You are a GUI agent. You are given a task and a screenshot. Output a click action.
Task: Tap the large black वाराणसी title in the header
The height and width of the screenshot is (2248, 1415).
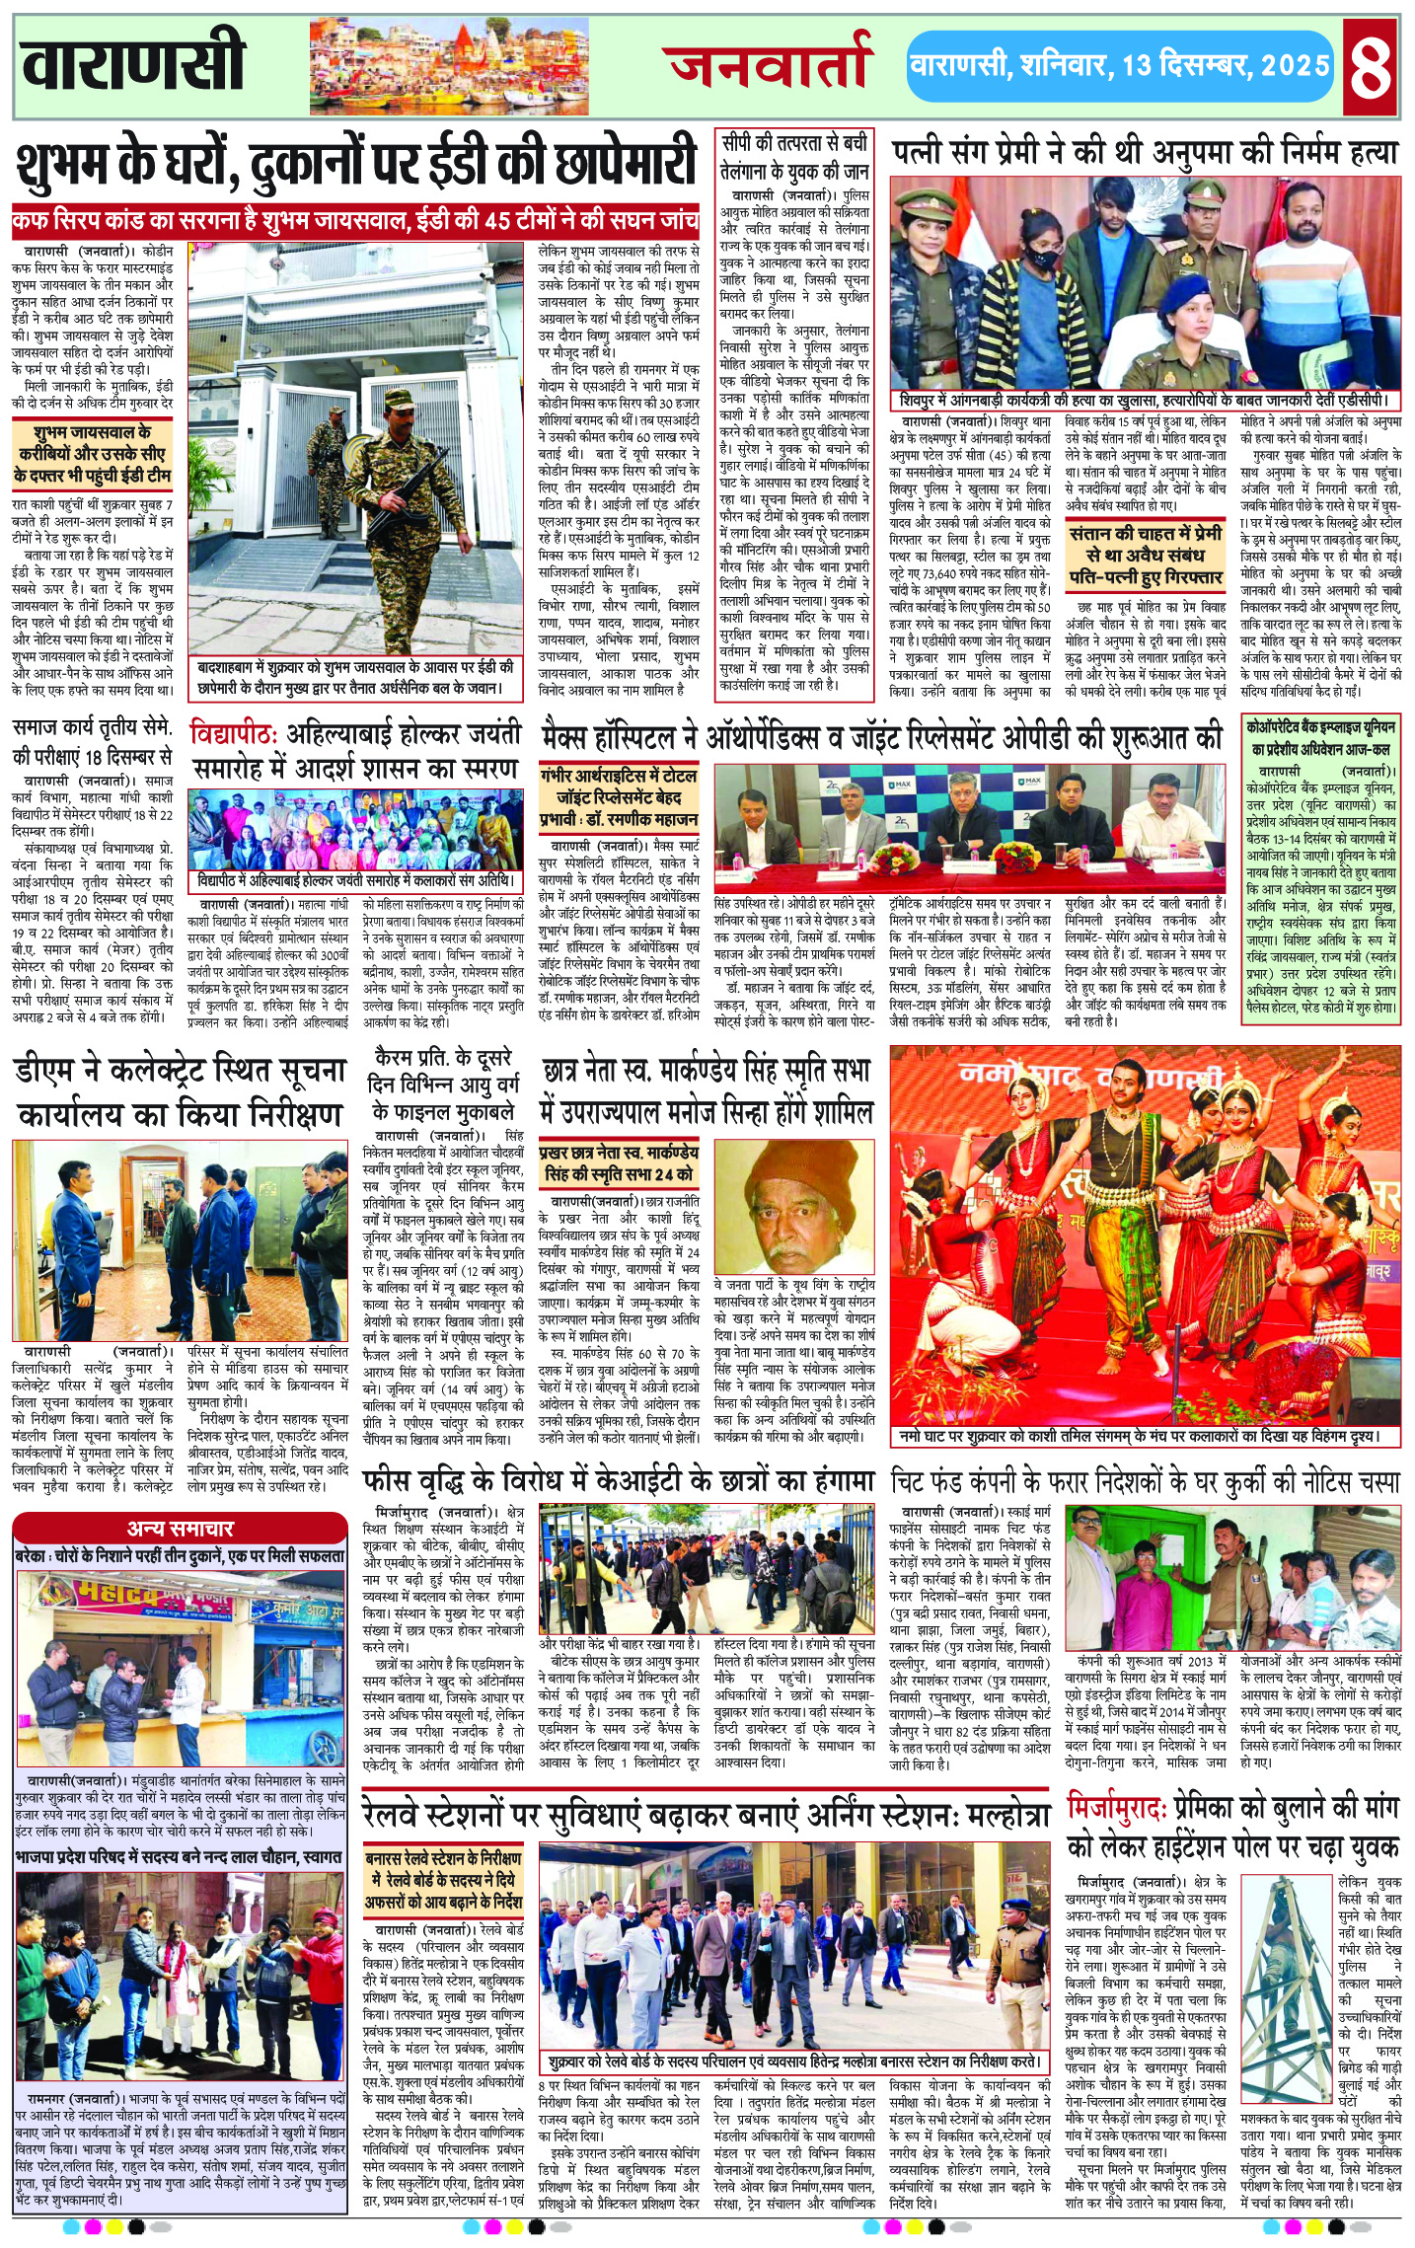(x=133, y=61)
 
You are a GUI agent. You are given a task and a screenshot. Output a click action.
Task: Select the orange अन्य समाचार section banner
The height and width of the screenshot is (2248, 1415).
(x=180, y=1529)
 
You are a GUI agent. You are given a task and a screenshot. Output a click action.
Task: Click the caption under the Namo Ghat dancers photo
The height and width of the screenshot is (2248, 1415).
(x=1144, y=1437)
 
